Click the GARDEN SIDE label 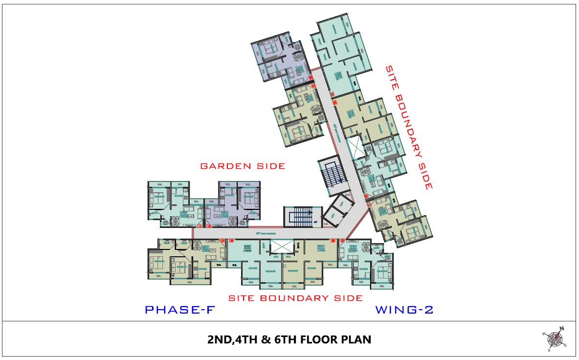click(243, 166)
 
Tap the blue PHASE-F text click(179, 310)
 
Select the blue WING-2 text click(404, 310)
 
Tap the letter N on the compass click(562, 329)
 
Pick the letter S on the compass click(549, 350)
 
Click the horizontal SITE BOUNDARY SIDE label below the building click(296, 298)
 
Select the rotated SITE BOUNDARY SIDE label click(408, 128)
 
